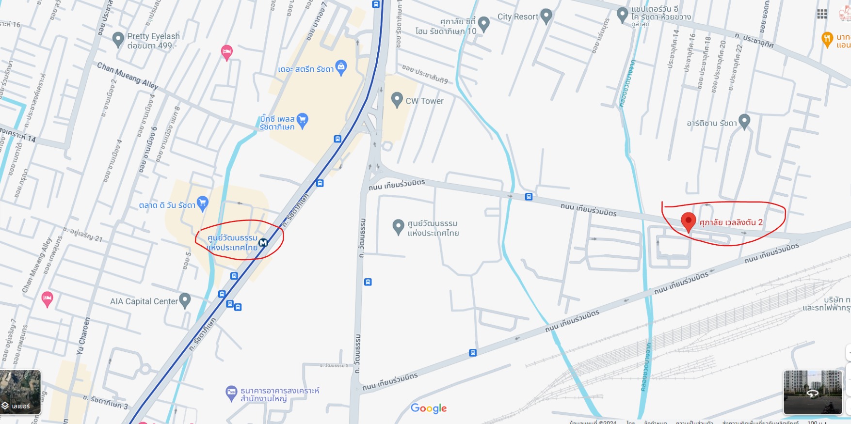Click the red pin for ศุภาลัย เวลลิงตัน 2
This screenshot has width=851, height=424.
(688, 221)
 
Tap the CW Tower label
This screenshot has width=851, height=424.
(424, 101)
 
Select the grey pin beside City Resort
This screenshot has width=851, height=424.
(546, 16)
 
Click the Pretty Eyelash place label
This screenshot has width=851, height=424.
(153, 37)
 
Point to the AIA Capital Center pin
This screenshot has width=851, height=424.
(185, 300)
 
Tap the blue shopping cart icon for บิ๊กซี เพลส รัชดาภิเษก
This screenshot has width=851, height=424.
(303, 120)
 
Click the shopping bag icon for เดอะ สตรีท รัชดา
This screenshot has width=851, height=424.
(341, 68)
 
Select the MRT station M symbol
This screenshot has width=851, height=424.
(263, 242)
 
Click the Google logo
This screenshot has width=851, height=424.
(429, 408)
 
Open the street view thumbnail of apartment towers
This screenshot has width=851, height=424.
(813, 393)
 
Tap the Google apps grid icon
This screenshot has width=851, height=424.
(822, 14)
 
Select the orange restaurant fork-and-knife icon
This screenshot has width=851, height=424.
(827, 39)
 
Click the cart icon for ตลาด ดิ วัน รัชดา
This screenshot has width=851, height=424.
(203, 203)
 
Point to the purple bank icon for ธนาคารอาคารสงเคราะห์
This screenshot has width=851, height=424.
(232, 393)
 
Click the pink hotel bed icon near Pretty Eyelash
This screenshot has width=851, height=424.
(226, 51)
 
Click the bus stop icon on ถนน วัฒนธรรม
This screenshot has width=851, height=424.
(368, 282)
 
